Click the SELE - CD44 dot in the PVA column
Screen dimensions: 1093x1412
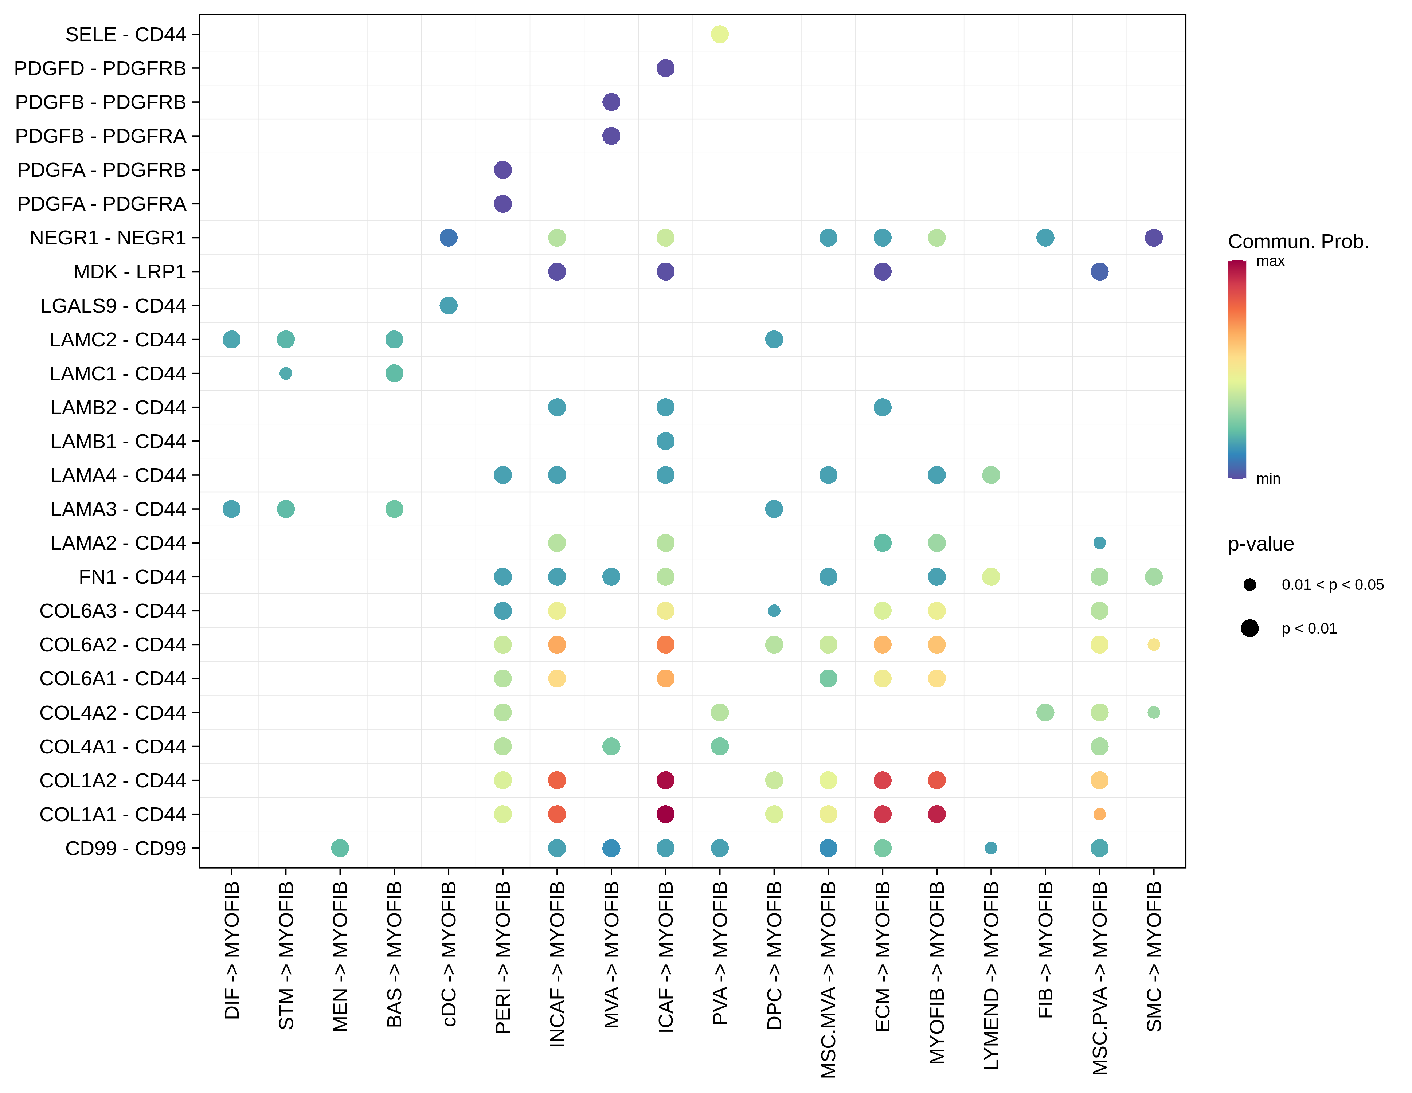(x=720, y=34)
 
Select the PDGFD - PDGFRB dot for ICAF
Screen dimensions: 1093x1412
(x=665, y=68)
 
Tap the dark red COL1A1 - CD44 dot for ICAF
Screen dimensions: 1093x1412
(x=665, y=814)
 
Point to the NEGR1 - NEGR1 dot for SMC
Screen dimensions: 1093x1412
(x=1153, y=238)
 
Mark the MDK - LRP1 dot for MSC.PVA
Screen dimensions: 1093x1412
(x=1099, y=271)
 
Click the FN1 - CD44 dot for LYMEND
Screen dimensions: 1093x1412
(x=990, y=576)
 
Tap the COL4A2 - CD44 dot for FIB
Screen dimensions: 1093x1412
(x=1045, y=712)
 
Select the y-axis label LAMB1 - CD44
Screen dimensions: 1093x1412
(x=118, y=442)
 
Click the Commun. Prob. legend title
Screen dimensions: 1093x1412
(x=1298, y=242)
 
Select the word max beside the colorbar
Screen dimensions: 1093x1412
(x=1270, y=261)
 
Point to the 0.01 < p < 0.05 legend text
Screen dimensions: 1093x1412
(x=1333, y=585)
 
